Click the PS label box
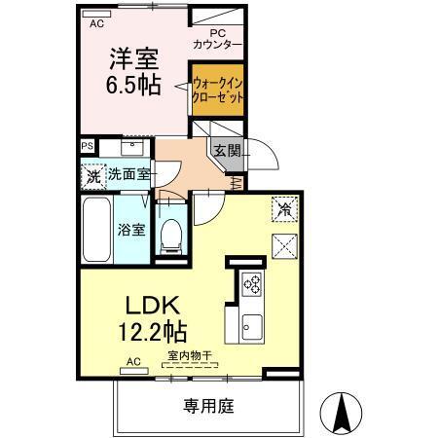point(88,146)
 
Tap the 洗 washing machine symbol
point(92,177)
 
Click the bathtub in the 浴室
point(96,230)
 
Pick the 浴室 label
point(131,231)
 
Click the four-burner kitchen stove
point(251,284)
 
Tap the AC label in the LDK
point(133,361)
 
